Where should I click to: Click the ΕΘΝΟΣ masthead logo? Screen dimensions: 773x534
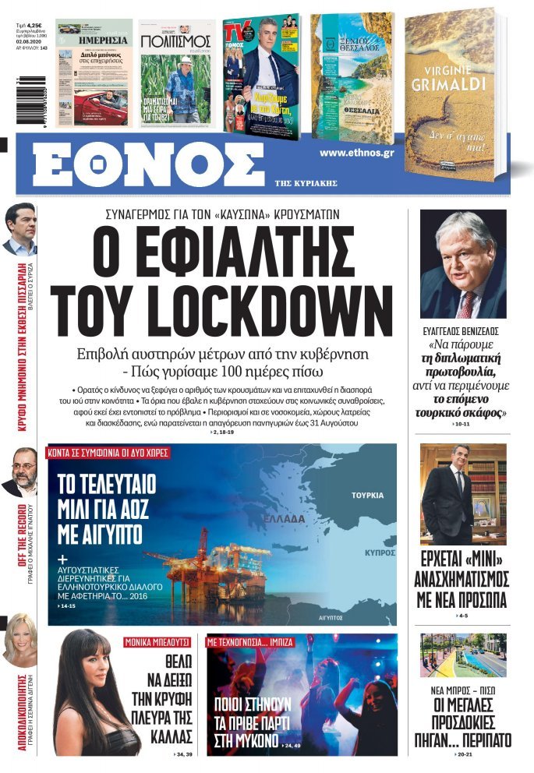coord(148,164)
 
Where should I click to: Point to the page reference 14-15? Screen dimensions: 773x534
coord(68,606)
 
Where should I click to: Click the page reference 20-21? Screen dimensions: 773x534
coord(465,756)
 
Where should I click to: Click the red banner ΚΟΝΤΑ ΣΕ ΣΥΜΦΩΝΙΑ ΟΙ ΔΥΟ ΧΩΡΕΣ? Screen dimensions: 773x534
coord(108,452)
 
